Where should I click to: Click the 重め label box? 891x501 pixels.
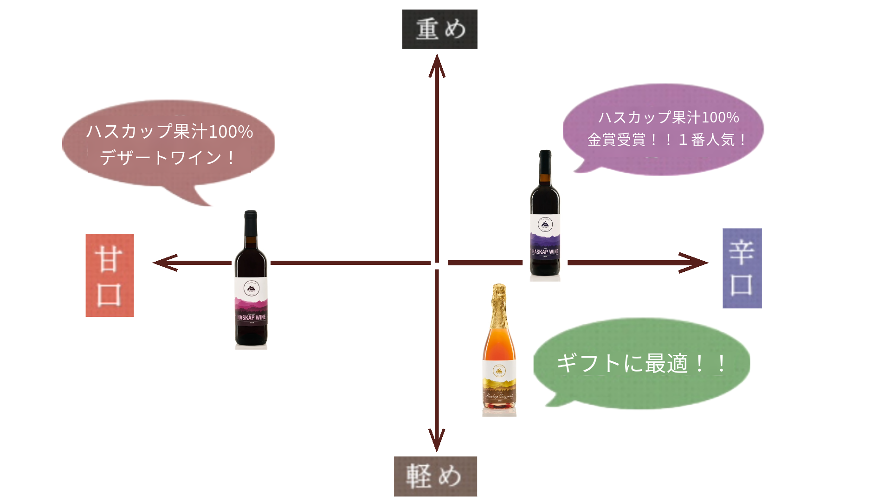pyautogui.click(x=439, y=29)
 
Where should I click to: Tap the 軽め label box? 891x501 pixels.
pyautogui.click(x=435, y=476)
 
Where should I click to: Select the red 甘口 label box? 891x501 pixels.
pyautogui.click(x=110, y=276)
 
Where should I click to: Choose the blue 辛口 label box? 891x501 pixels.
pyautogui.click(x=742, y=268)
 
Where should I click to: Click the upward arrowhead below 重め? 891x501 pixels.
pyautogui.click(x=437, y=65)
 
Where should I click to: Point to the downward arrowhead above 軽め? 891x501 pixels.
pyautogui.click(x=437, y=440)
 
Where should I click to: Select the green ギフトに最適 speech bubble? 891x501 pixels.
pyautogui.click(x=642, y=363)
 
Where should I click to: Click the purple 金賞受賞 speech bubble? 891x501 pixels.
pyautogui.click(x=664, y=128)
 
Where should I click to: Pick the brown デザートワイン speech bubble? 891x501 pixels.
pyautogui.click(x=168, y=144)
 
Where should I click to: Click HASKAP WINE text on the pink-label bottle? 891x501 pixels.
pyautogui.click(x=251, y=318)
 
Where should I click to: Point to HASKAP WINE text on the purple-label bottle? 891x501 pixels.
pyautogui.click(x=545, y=252)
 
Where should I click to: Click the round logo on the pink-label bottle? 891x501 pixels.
pyautogui.click(x=251, y=289)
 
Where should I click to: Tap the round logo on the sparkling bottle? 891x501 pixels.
pyautogui.click(x=499, y=371)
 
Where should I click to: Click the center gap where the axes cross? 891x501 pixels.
pyautogui.click(x=437, y=263)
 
